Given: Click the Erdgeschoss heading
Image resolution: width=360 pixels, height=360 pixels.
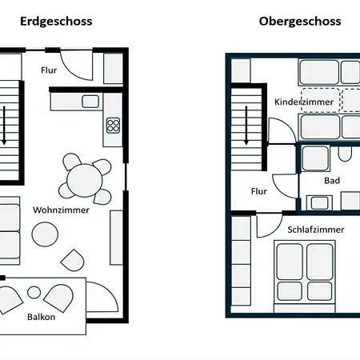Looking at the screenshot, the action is click(x=56, y=22).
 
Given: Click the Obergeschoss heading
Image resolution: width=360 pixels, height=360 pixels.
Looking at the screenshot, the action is click(x=300, y=22).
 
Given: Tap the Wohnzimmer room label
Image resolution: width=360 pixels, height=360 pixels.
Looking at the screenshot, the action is click(x=61, y=210).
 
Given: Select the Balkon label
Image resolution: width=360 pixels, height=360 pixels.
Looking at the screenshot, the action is click(x=42, y=317).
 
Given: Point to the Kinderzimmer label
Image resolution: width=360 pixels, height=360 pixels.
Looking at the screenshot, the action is click(x=304, y=102).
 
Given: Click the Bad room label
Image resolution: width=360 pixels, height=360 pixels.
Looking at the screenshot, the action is click(x=332, y=181).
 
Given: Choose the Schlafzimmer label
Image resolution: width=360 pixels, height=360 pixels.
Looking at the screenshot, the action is click(x=316, y=230).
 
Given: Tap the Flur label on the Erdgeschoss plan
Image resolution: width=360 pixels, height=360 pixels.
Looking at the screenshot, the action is click(x=49, y=70).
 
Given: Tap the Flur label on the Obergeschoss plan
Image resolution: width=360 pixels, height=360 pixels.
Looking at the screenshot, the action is click(x=259, y=191).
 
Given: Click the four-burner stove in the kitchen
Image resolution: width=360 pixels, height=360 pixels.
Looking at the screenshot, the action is click(x=113, y=126).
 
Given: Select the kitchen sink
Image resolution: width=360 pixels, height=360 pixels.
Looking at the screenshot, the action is click(x=90, y=102).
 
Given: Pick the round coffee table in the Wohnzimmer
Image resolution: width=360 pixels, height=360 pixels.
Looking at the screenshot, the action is click(x=45, y=234).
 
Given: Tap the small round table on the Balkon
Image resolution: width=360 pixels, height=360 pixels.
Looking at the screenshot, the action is click(x=34, y=292).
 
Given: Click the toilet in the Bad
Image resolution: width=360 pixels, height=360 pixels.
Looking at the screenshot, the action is click(x=345, y=154).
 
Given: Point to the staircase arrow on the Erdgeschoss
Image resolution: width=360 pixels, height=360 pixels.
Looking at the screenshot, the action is click(x=4, y=126).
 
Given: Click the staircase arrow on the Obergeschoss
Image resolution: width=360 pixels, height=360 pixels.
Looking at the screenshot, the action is click(x=246, y=126).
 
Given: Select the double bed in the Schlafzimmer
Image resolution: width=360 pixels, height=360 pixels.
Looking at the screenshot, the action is click(x=305, y=276).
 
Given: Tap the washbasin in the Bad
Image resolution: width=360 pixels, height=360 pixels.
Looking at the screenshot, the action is click(x=319, y=203).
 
